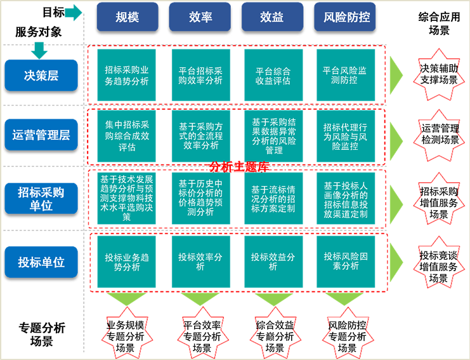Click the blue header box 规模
tap(127, 17)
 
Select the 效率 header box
tap(200, 17)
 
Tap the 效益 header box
tap(272, 17)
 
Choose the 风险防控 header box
tap(344, 17)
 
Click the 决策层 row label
tap(41, 76)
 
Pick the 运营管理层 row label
tap(41, 135)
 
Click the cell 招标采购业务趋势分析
tap(127, 75)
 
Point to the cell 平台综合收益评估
tap(272, 75)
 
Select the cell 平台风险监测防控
tap(344, 75)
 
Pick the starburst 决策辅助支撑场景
tap(438, 74)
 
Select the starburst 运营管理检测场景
tap(438, 135)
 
